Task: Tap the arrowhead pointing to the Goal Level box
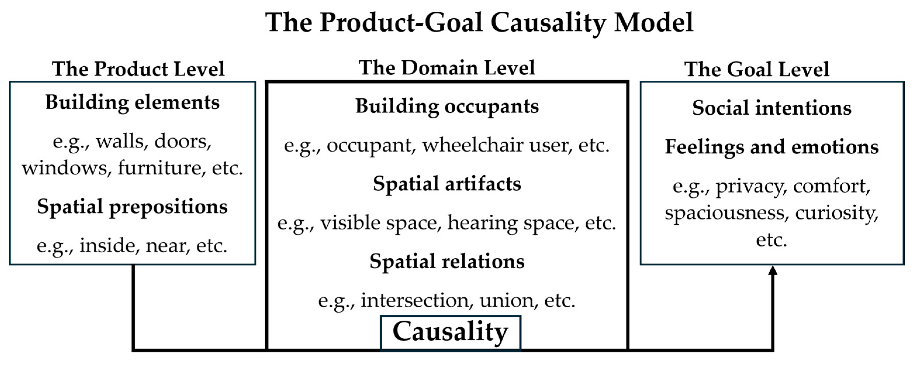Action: pos(773,271)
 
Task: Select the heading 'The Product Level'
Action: pos(138,69)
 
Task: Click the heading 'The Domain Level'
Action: pos(447,68)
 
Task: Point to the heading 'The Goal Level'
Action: pos(757,69)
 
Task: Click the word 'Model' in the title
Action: pos(653,23)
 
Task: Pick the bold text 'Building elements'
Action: pos(132,103)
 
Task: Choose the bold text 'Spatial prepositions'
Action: pos(132,207)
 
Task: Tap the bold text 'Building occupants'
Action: pos(447,106)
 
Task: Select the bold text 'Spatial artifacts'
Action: pos(447,184)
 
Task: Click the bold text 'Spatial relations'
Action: pos(447,261)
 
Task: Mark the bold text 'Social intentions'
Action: pos(772,108)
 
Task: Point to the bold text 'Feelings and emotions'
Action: pos(772,147)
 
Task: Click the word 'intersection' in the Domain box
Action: pos(414,301)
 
